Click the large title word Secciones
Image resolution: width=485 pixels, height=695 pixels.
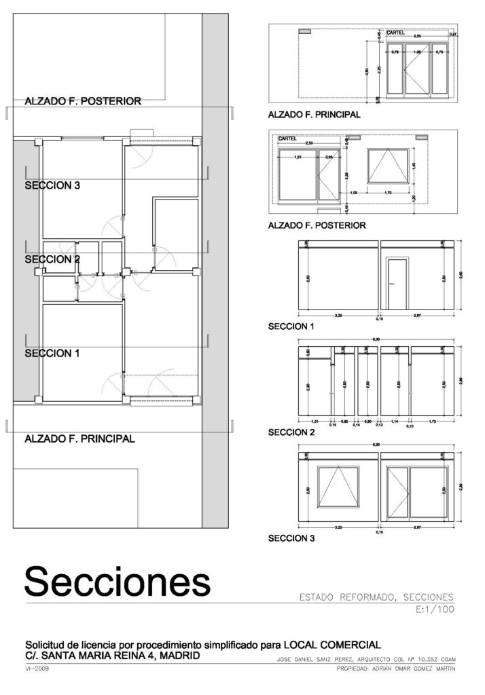coord(117,582)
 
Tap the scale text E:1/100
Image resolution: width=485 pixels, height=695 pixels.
coord(433,610)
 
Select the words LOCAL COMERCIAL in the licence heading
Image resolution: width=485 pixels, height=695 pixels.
coord(331,645)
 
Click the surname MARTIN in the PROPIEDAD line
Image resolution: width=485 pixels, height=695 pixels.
coord(439,669)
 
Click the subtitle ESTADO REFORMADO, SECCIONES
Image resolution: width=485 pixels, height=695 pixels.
coord(376,597)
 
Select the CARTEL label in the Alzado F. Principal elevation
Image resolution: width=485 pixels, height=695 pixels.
coord(396,33)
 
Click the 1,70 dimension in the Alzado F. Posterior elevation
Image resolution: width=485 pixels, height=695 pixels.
coord(387,193)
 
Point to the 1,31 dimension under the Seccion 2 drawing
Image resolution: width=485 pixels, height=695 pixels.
coord(313,420)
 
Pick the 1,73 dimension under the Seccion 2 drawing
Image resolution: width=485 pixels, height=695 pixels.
coord(433,420)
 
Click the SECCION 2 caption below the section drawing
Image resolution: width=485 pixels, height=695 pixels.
coord(291,432)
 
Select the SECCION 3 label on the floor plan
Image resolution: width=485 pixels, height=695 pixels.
coord(52,185)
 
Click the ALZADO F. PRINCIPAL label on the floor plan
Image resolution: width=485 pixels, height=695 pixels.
coord(79,439)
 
